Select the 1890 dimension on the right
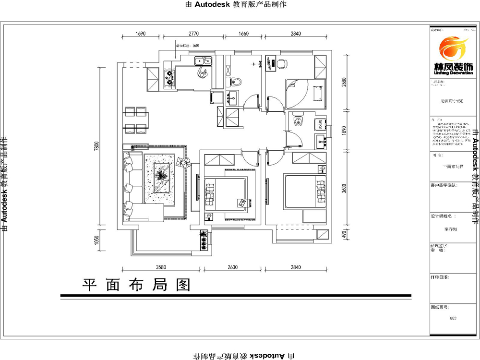(344, 131)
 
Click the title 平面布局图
(136, 285)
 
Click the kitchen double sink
(203, 60)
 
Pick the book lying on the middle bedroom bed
(243, 203)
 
